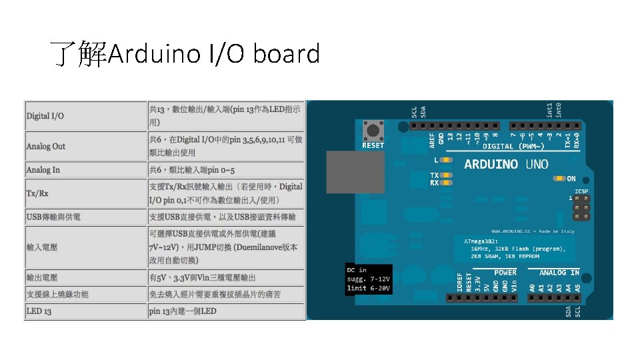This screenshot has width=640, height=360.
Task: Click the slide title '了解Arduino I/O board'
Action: (x=185, y=54)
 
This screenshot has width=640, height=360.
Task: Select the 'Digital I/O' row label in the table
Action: (x=45, y=116)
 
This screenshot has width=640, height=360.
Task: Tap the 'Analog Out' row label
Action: (x=46, y=146)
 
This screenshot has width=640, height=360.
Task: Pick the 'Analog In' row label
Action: (x=43, y=170)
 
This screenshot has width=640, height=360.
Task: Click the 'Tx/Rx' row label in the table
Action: (x=37, y=193)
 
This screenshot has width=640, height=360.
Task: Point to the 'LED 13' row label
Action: (x=39, y=311)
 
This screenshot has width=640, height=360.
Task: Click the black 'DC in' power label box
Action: (x=367, y=279)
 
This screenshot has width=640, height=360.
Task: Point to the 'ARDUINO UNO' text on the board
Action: (x=506, y=164)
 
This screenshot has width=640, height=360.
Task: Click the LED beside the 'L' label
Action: (x=447, y=161)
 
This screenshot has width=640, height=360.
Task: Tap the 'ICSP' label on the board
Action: (x=581, y=191)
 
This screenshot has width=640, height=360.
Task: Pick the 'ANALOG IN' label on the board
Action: (x=559, y=272)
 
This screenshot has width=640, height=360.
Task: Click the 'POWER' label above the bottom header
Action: (x=505, y=272)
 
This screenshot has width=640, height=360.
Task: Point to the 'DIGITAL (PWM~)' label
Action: (x=513, y=146)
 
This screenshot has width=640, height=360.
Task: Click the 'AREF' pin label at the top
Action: (x=432, y=139)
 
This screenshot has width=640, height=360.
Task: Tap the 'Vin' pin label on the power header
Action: (x=514, y=285)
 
